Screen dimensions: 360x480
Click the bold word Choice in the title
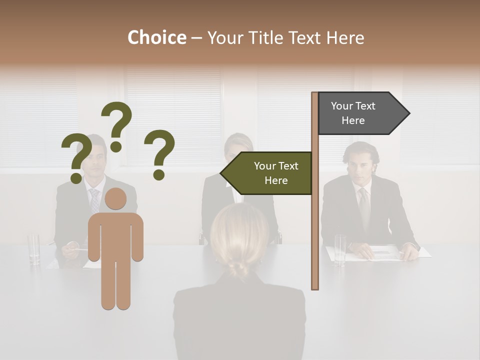(x=156, y=37)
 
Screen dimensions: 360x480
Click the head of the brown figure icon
(x=115, y=199)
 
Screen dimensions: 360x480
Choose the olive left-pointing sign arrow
(x=270, y=173)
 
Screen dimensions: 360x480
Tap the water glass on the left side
(x=34, y=248)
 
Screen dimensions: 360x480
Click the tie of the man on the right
(x=365, y=207)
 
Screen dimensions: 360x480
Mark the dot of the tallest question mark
(x=116, y=146)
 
